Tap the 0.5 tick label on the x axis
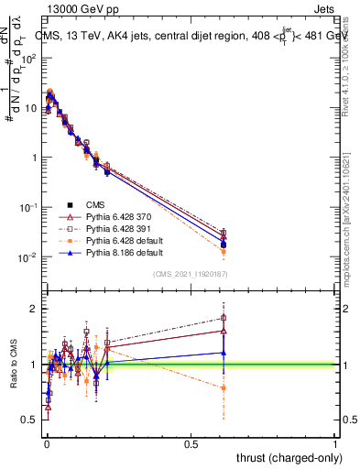pos(191,443)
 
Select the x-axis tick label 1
pos(335,443)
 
